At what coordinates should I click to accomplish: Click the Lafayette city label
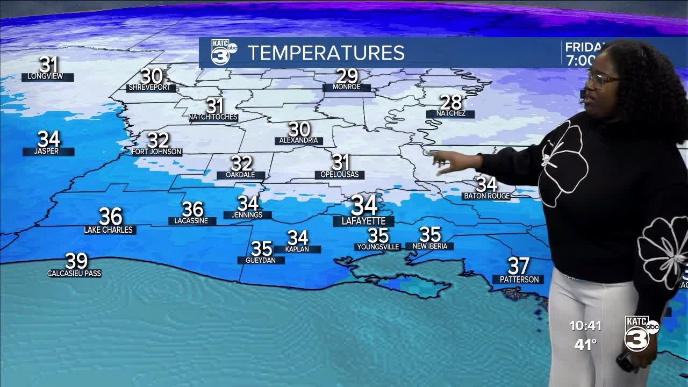click(x=363, y=221)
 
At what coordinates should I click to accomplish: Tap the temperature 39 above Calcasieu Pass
click(x=76, y=261)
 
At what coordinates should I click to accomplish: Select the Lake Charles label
click(x=110, y=230)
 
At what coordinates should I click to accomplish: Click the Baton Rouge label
click(x=486, y=196)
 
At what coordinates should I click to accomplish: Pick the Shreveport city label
click(x=150, y=88)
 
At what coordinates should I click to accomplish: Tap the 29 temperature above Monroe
click(x=347, y=76)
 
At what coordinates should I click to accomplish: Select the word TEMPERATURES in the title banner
click(x=326, y=53)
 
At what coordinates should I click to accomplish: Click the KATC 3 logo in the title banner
click(x=223, y=52)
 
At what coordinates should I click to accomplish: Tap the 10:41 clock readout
click(x=586, y=326)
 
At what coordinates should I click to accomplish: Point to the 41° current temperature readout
click(x=585, y=345)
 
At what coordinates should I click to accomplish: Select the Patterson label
click(x=519, y=279)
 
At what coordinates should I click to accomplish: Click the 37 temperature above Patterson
click(x=519, y=266)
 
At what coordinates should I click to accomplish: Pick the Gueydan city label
click(x=261, y=260)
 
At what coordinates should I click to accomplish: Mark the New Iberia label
click(x=430, y=246)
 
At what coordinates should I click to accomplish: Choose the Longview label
click(x=47, y=77)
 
